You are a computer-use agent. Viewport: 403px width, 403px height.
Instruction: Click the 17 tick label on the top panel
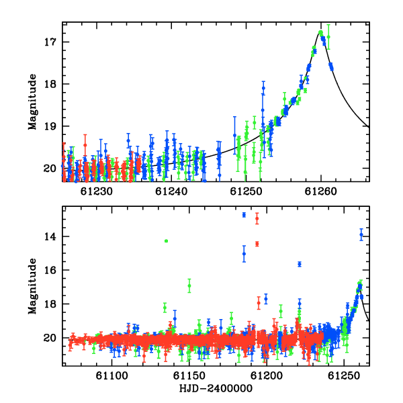click(x=50, y=42)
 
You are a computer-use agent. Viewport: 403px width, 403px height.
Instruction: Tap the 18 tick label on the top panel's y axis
click(x=50, y=84)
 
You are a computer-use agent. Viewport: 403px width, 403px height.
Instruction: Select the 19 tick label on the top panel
click(x=50, y=126)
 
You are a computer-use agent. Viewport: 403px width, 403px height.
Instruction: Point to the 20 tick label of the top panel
click(x=50, y=169)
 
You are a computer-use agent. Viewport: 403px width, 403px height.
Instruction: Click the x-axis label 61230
click(x=96, y=191)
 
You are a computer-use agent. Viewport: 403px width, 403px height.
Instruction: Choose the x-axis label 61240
click(x=171, y=191)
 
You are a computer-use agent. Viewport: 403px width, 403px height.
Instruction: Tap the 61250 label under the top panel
click(x=246, y=191)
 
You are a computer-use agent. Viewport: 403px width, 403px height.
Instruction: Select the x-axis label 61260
click(x=321, y=191)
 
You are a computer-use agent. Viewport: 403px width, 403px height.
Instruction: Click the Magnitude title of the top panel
click(x=32, y=102)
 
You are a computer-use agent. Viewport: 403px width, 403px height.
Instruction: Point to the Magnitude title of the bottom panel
click(x=32, y=286)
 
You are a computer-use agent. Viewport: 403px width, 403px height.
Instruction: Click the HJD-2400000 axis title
click(x=216, y=388)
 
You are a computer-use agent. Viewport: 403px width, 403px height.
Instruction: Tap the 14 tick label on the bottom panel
click(x=50, y=236)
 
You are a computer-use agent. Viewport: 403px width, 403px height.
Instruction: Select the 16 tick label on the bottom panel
click(x=50, y=270)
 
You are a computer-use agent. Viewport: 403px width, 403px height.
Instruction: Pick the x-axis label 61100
click(x=111, y=375)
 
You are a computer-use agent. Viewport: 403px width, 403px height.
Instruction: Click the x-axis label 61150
click(x=189, y=375)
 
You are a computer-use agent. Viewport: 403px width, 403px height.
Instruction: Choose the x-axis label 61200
click(x=267, y=375)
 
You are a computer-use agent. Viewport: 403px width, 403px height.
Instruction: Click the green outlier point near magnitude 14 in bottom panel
click(x=167, y=241)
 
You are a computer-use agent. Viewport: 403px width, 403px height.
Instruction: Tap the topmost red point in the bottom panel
click(x=257, y=219)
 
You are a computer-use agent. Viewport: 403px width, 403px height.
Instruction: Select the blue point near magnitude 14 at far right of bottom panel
click(x=361, y=234)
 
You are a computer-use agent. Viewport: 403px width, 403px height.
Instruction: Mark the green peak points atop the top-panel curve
click(x=320, y=32)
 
